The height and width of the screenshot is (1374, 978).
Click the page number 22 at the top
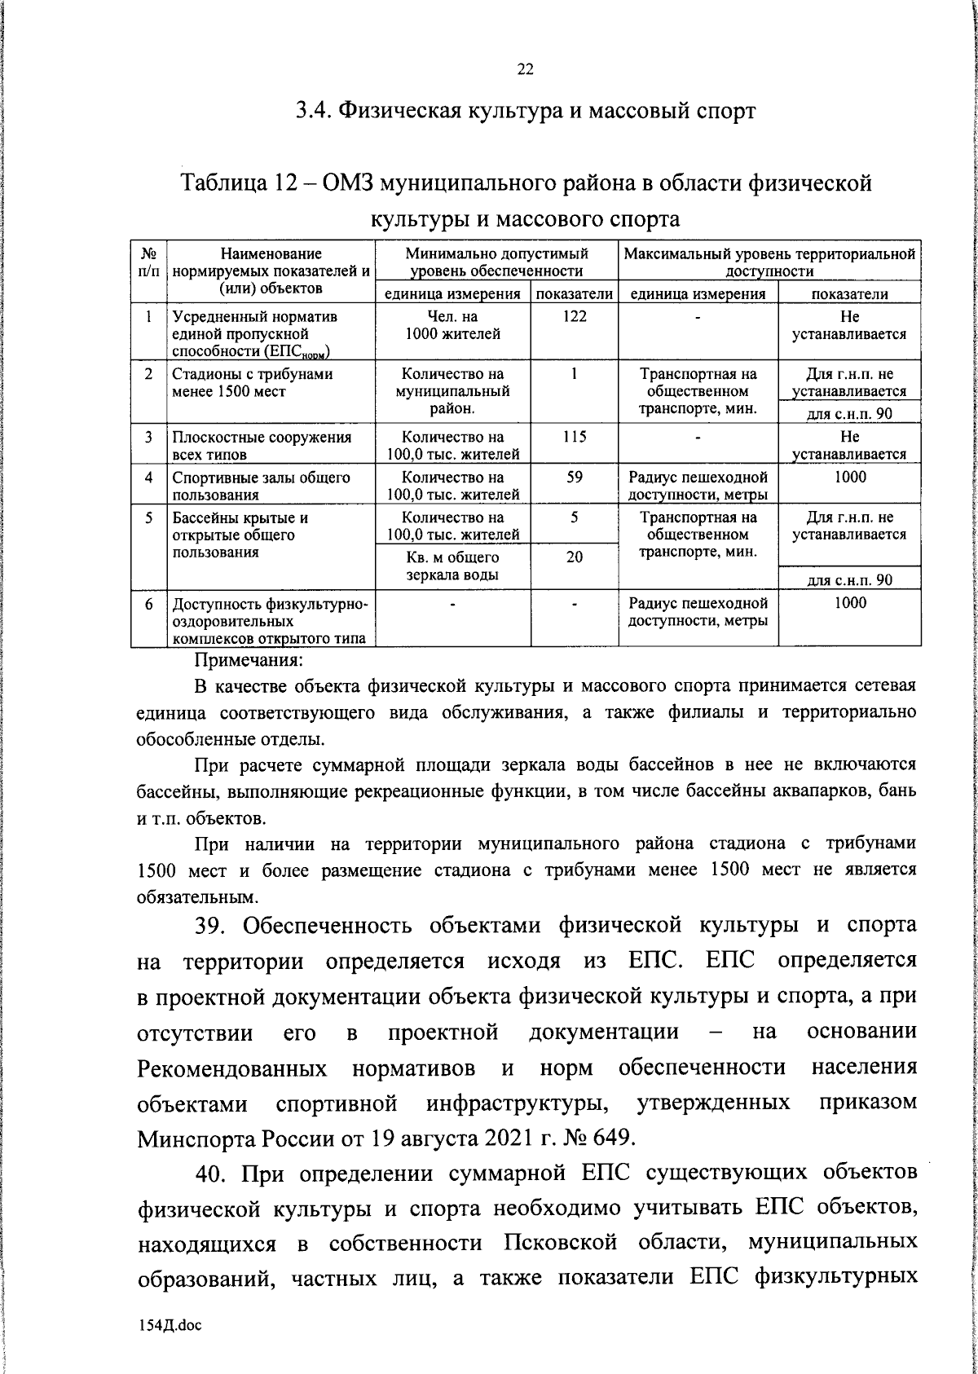click(525, 70)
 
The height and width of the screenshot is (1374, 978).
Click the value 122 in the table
click(574, 317)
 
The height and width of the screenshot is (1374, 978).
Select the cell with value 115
click(574, 437)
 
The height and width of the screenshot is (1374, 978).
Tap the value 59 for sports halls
click(574, 477)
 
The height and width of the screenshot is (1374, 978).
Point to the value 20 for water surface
click(574, 558)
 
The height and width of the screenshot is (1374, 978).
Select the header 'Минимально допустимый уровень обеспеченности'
click(496, 262)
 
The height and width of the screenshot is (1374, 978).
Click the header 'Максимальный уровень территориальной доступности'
click(769, 262)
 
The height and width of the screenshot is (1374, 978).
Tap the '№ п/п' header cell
click(149, 262)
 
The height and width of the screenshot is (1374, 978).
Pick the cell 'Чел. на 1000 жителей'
click(452, 325)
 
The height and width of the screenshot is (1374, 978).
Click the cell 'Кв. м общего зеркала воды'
click(452, 566)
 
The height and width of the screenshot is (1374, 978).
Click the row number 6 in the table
click(149, 604)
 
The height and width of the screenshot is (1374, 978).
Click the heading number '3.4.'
click(313, 110)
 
